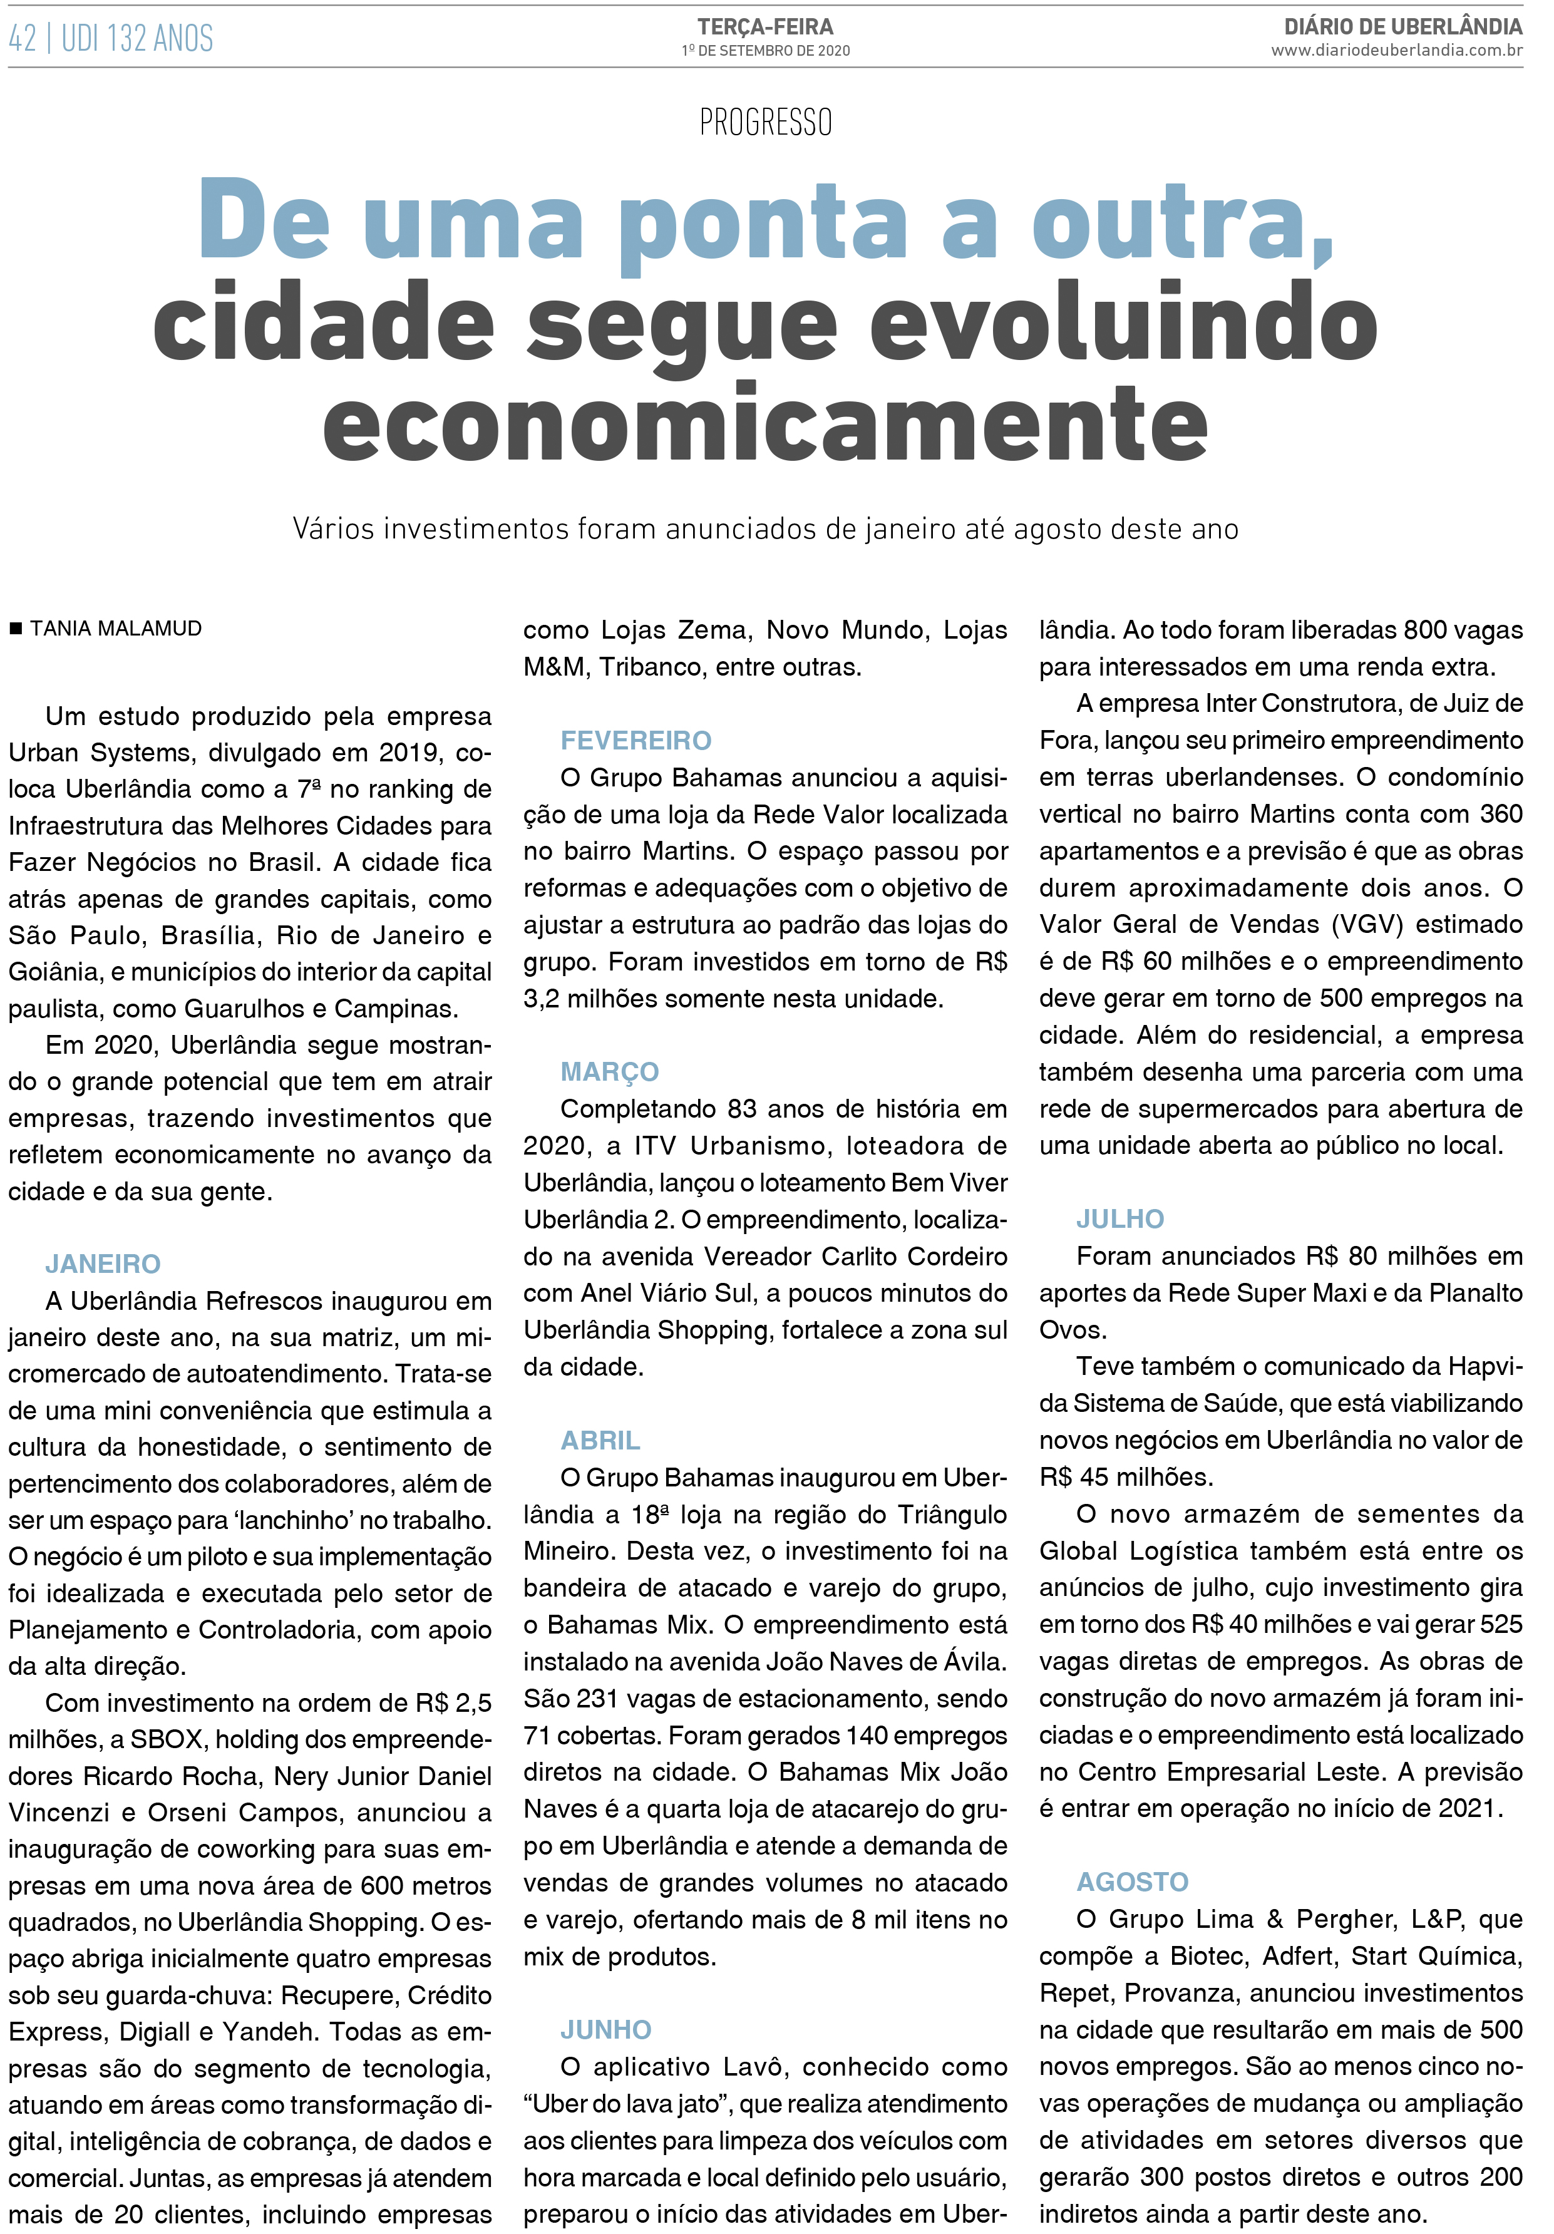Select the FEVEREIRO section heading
click(x=635, y=741)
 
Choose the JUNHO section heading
click(x=605, y=2030)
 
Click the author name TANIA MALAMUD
click(x=116, y=629)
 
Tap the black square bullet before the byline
click(x=16, y=629)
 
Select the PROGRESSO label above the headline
click(x=765, y=123)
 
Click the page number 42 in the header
click(x=23, y=39)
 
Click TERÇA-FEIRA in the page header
click(x=765, y=28)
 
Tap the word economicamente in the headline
click(x=765, y=423)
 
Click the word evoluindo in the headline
click(x=1123, y=323)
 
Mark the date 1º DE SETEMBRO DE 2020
click(x=765, y=51)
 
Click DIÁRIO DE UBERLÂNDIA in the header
click(x=1402, y=26)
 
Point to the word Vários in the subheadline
click(x=334, y=528)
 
